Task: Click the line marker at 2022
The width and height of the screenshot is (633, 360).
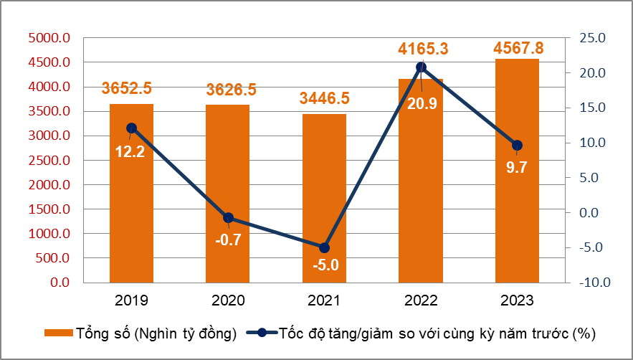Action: click(422, 67)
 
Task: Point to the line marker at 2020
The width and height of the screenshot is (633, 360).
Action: click(228, 218)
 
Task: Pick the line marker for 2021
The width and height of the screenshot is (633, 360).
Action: click(324, 247)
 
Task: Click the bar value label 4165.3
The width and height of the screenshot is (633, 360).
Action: click(423, 49)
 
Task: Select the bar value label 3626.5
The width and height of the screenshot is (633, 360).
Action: click(231, 90)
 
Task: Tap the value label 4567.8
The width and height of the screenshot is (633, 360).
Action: click(518, 48)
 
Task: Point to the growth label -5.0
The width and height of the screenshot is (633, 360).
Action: click(325, 266)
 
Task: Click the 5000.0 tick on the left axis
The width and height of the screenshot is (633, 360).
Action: click(49, 38)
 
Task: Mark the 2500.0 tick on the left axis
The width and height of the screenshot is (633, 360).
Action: click(49, 161)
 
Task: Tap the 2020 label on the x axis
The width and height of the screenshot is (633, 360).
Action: click(228, 300)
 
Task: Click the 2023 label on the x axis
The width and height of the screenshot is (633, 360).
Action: click(517, 300)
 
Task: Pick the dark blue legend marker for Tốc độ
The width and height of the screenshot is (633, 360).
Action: click(262, 333)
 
